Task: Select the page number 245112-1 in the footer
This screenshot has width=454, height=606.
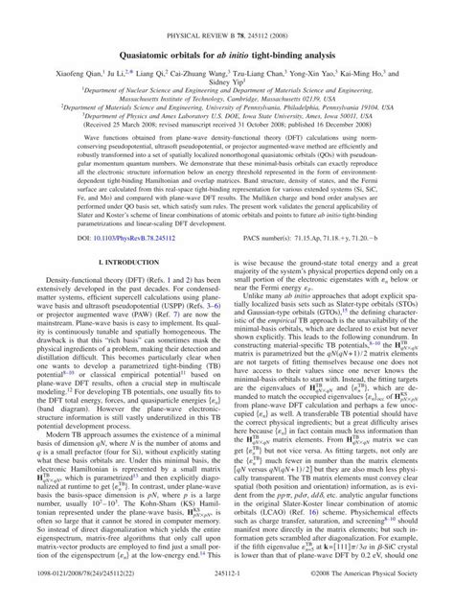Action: (227, 591)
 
